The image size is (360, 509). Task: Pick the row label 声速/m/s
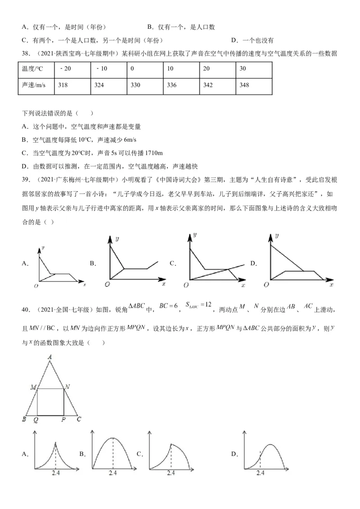34,85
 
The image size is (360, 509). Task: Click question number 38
26,54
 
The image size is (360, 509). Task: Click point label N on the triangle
67,386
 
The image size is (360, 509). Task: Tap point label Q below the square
36,420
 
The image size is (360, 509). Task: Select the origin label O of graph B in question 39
107,284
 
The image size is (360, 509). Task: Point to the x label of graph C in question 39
243,286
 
